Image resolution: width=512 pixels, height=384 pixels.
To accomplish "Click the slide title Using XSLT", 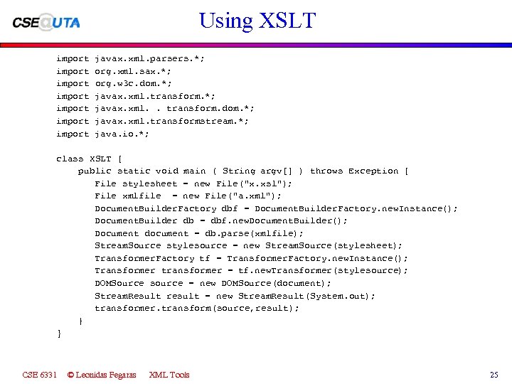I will (257, 20).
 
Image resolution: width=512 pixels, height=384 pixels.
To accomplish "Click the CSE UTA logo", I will (46, 22).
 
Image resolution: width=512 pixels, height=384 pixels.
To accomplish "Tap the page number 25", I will (494, 375).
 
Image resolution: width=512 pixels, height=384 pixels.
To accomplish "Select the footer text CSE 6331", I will (40, 375).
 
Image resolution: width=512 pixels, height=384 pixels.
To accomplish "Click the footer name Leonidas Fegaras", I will (101, 375).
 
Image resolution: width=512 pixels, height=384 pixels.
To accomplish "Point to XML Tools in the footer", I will (169, 375).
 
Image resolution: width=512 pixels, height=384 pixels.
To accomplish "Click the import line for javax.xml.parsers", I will (130, 59).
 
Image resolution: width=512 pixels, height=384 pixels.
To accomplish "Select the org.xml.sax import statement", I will (114, 71).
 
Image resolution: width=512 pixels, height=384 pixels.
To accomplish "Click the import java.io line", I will (102, 134).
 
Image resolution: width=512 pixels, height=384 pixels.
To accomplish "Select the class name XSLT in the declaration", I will (100, 159).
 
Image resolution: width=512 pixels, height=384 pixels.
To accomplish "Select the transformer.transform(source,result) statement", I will (197, 308).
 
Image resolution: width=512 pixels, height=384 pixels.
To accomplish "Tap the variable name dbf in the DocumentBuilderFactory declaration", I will (230, 208).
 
